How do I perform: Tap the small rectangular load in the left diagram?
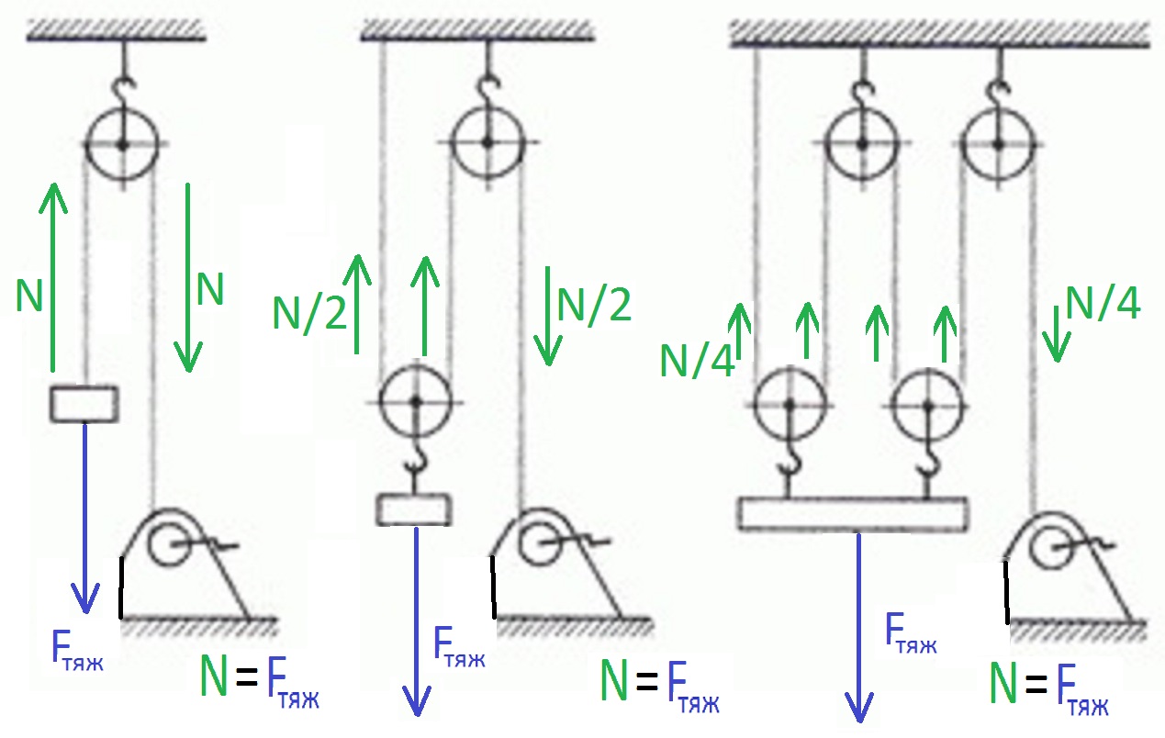pos(84,404)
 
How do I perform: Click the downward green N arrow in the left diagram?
pos(188,278)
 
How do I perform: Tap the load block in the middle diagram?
pos(413,509)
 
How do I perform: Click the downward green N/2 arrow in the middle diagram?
pos(548,316)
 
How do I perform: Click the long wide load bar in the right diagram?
pos(853,514)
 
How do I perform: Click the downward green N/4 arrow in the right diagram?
pos(1056,334)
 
